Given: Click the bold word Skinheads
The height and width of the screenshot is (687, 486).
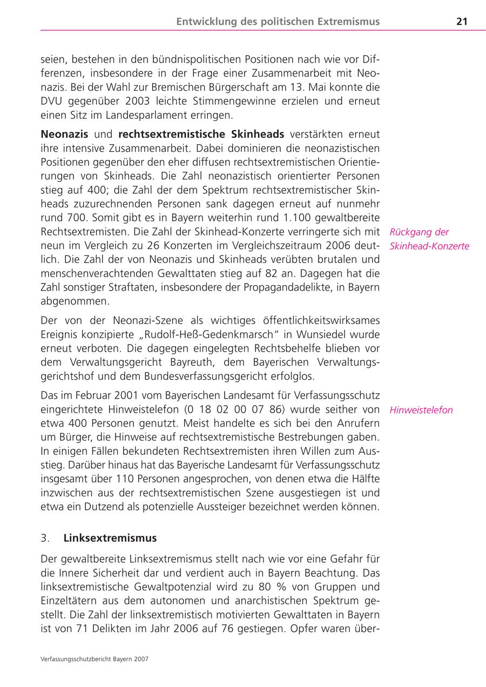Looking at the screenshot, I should (x=259, y=133).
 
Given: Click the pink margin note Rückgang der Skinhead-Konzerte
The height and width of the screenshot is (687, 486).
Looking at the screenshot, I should (x=429, y=239).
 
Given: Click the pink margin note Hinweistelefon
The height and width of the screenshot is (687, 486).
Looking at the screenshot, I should (x=421, y=410).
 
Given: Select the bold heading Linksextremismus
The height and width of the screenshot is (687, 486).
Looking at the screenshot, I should (x=110, y=538).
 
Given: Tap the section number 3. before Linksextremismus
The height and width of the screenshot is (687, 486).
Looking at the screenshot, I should (x=45, y=538).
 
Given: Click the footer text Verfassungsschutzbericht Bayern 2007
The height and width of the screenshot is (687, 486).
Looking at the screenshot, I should (x=94, y=659).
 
